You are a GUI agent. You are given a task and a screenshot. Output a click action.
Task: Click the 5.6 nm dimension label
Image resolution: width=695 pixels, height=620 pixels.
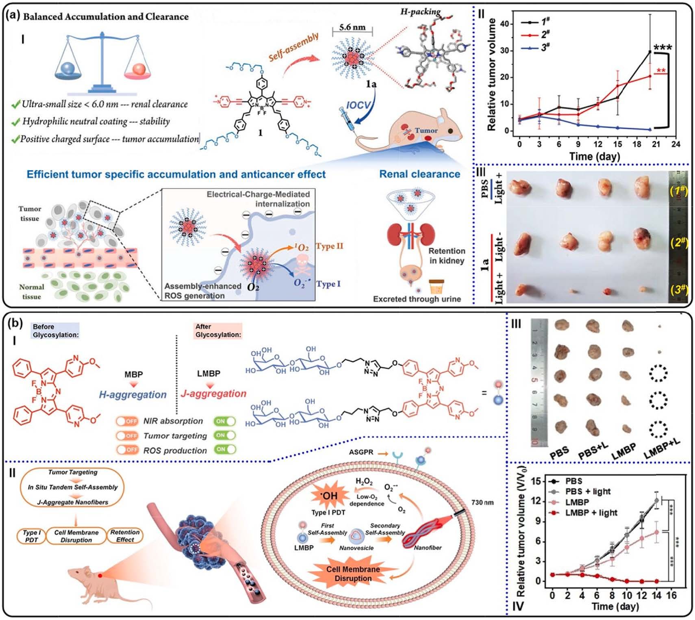352,27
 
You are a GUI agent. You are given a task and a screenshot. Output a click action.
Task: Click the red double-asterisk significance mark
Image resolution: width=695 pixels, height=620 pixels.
660,71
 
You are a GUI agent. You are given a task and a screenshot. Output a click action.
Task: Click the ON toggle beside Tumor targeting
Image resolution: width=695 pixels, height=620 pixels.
225,435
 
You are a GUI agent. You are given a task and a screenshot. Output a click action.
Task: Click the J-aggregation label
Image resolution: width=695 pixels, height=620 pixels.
213,394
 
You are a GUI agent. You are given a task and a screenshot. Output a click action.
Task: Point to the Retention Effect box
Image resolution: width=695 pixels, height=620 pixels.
125,536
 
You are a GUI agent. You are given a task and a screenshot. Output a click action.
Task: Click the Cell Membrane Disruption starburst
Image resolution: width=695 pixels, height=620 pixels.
353,573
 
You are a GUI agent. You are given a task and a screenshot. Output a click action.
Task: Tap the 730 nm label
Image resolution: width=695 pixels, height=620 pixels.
482,503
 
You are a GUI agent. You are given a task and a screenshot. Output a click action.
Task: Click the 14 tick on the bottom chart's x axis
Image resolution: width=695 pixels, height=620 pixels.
656,596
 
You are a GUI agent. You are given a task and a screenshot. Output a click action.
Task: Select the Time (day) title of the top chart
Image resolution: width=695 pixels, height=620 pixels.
594,156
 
